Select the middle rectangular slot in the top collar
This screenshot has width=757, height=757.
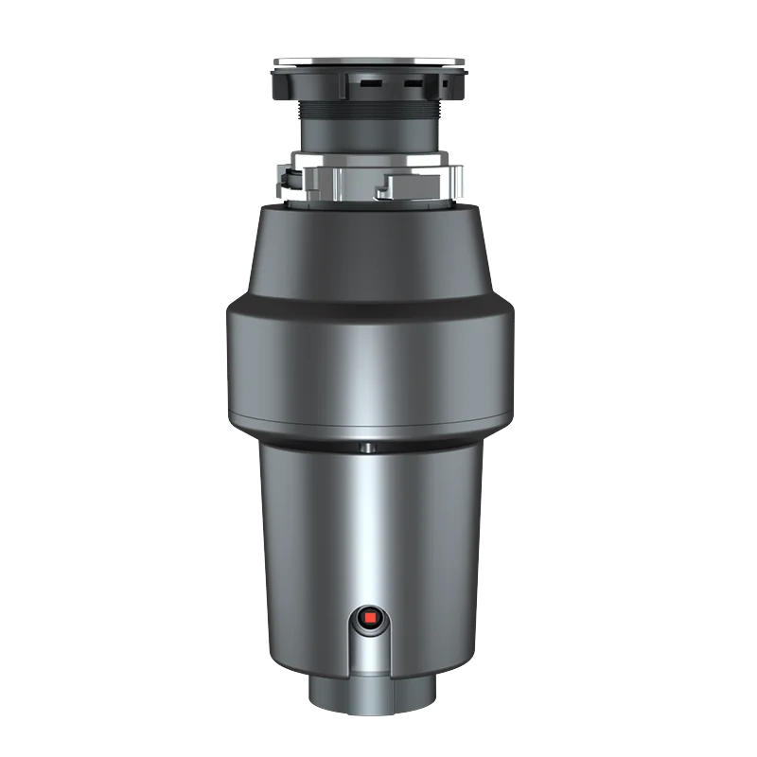(414, 84)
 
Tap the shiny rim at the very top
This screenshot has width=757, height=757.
(369, 58)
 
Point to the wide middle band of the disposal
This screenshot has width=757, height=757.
(369, 364)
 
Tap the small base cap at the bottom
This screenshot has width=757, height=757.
(369, 695)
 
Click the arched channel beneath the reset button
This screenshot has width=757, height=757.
(369, 658)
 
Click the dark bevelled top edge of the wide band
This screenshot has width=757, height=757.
(369, 304)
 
